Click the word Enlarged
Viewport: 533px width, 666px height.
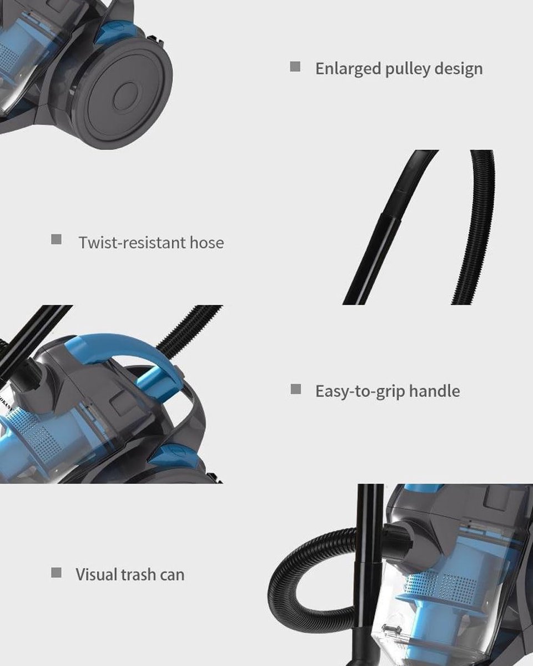(x=348, y=69)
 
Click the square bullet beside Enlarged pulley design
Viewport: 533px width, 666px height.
(x=295, y=67)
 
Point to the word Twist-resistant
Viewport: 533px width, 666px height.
(x=132, y=243)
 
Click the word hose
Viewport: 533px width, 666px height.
(x=207, y=243)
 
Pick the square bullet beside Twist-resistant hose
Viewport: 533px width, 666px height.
(x=56, y=239)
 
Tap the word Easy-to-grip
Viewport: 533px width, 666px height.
(x=360, y=391)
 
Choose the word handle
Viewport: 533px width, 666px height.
(x=435, y=391)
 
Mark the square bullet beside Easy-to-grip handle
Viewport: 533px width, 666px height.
(x=296, y=389)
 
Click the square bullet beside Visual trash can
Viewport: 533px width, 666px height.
(x=56, y=573)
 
